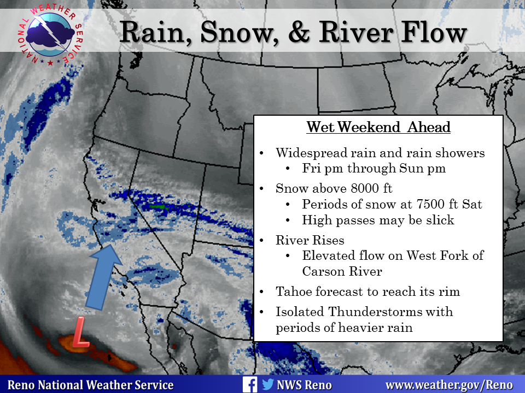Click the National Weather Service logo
coord(50,35)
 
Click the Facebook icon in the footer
coord(250,385)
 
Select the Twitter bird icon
coord(268,384)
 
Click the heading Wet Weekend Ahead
coord(378,127)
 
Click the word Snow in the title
coord(239,32)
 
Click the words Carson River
coord(342,271)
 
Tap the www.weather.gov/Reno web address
coord(449,385)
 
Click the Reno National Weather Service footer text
coord(90,385)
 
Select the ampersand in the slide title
coord(299,32)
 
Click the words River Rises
coord(310,240)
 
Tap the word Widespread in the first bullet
coord(311,153)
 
